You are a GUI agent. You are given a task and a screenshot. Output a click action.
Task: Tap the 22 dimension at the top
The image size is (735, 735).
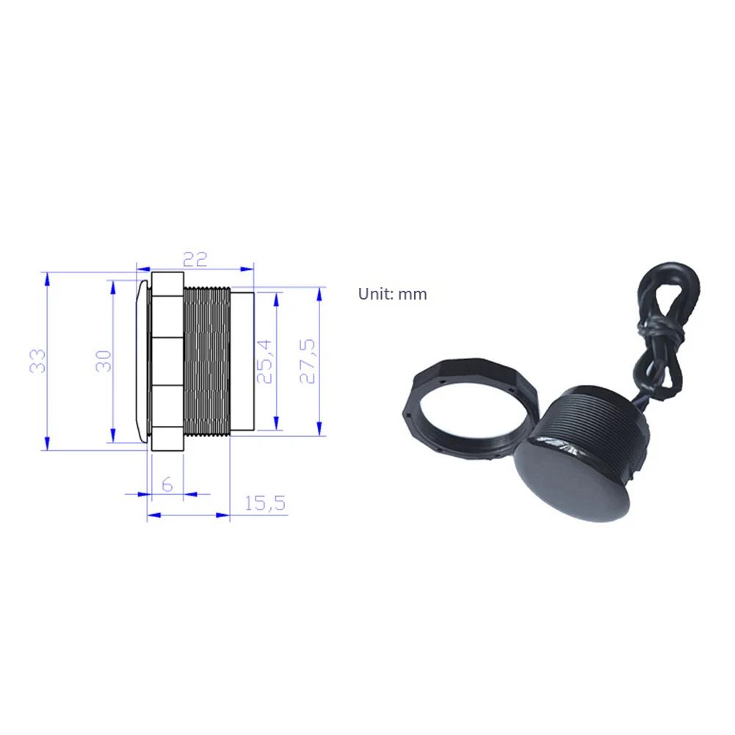(x=195, y=259)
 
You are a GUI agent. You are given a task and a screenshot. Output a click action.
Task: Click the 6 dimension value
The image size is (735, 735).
(x=167, y=484)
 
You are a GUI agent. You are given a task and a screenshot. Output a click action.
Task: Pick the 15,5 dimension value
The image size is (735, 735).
(x=264, y=504)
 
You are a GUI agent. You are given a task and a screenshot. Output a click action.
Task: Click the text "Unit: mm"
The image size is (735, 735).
(x=392, y=294)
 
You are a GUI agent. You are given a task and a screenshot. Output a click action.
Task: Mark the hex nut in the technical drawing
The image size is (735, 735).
(x=167, y=360)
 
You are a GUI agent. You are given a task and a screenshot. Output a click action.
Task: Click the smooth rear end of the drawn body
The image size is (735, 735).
(x=242, y=360)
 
